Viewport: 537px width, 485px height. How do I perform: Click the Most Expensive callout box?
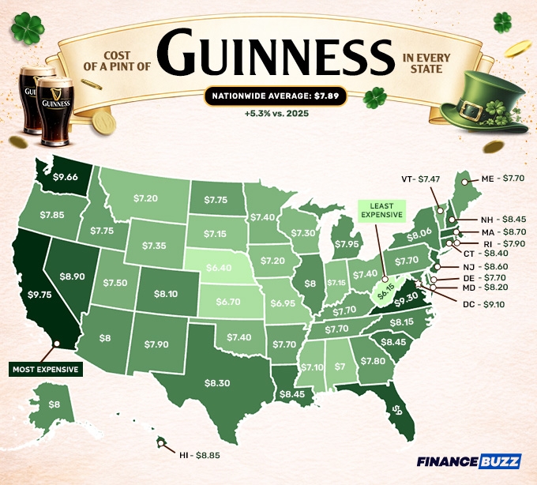[47, 369]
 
